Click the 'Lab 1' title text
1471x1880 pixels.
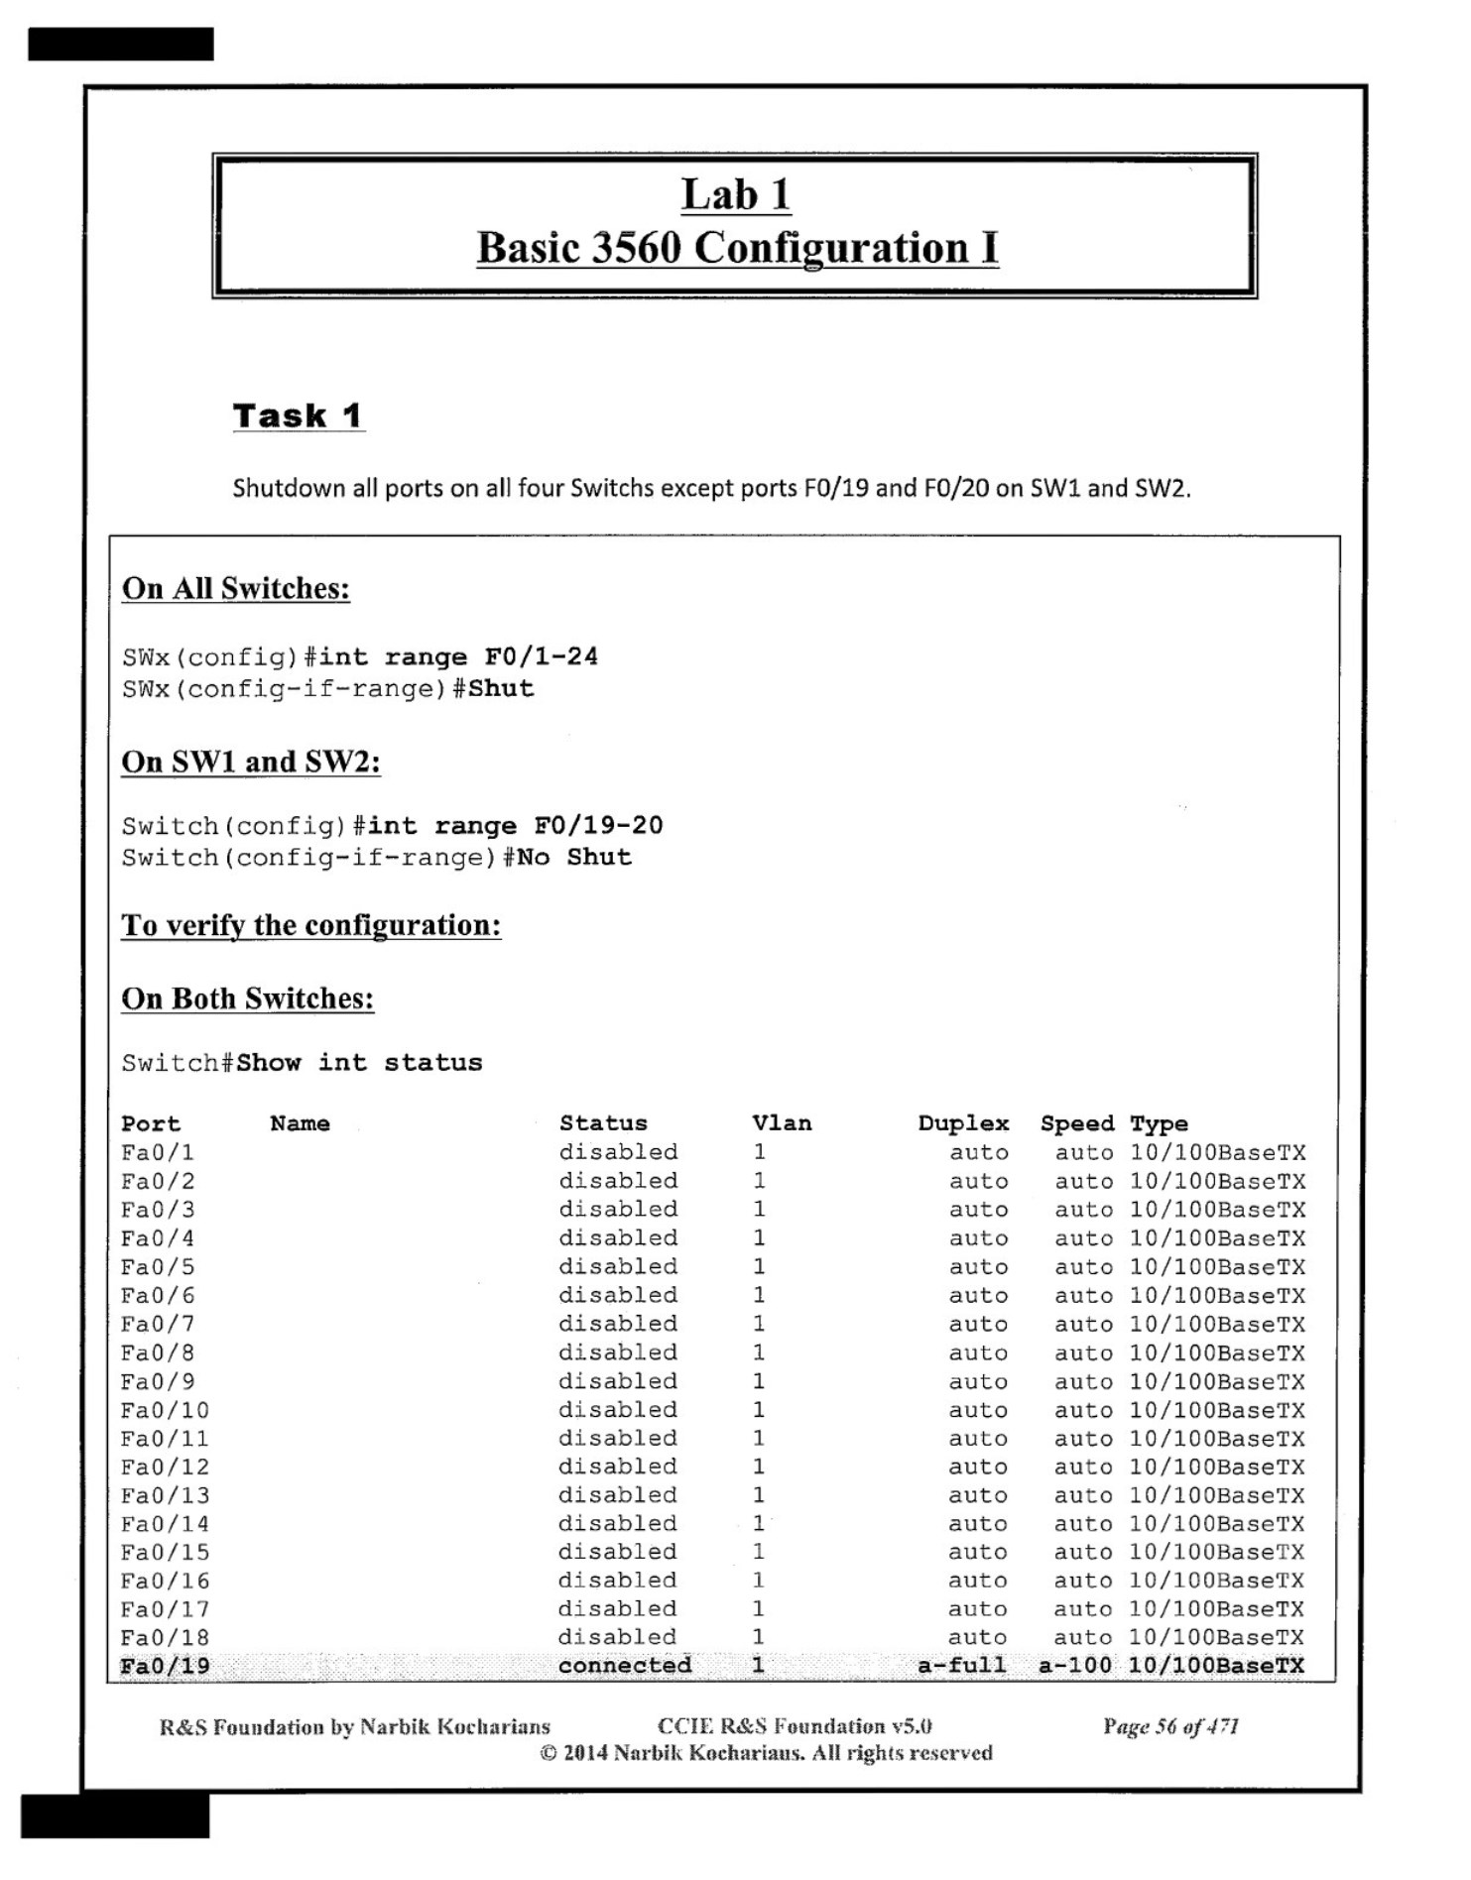click(x=735, y=194)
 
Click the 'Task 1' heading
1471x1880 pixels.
click(x=298, y=415)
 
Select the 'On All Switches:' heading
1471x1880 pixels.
click(x=236, y=588)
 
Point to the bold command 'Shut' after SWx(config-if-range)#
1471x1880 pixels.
click(x=501, y=688)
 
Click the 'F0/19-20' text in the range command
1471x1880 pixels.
click(x=598, y=825)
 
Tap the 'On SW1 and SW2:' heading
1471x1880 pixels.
click(x=251, y=762)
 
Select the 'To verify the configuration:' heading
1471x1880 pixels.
click(x=310, y=925)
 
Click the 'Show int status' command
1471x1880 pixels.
click(x=359, y=1062)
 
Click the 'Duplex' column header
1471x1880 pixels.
click(x=963, y=1123)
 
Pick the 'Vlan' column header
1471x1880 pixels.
click(x=782, y=1123)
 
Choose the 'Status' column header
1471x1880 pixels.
click(x=603, y=1123)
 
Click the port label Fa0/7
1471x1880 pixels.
click(x=159, y=1324)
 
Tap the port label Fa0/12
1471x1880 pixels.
click(x=166, y=1467)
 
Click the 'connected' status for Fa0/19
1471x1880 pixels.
click(x=625, y=1666)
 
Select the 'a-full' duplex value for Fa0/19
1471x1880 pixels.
click(x=961, y=1666)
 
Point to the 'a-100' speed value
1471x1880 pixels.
click(x=1075, y=1666)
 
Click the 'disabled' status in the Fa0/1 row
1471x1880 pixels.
click(x=618, y=1152)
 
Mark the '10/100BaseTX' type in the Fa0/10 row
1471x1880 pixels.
click(x=1217, y=1410)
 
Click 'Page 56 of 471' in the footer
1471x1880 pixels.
click(x=1170, y=1726)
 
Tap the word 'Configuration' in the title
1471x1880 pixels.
click(x=830, y=248)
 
